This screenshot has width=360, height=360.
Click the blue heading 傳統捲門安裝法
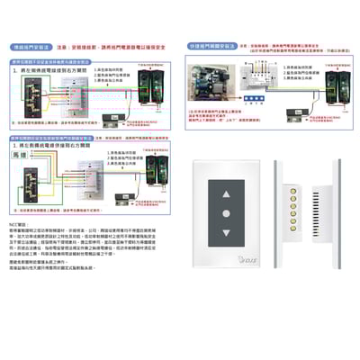tap(29, 42)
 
